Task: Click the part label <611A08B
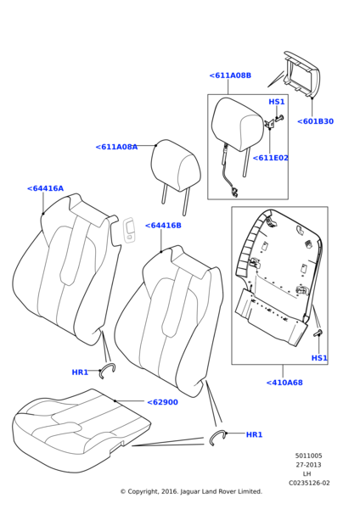[x=230, y=76]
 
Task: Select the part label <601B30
[x=316, y=121]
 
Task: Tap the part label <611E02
[x=270, y=158]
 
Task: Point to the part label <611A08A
[x=116, y=147]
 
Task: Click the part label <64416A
[x=45, y=188]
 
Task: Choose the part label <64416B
[x=163, y=226]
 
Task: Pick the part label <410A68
[x=284, y=383]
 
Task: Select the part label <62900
[x=162, y=402]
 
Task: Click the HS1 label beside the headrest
[x=277, y=102]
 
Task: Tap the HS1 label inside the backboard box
[x=319, y=358]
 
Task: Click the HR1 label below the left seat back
[x=80, y=372]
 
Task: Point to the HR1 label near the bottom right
[x=254, y=434]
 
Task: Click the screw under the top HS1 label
[x=279, y=118]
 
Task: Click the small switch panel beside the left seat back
[x=129, y=230]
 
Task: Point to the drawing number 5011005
[x=309, y=456]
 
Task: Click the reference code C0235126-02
[x=309, y=483]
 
